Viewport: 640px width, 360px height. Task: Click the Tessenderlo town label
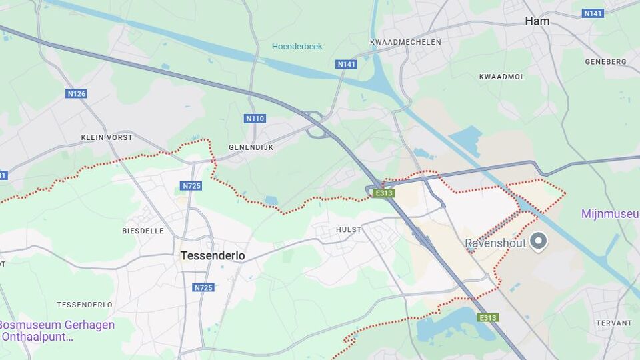coord(213,256)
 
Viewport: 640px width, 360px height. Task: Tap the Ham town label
coord(537,21)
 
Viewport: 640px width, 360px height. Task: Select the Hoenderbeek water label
coord(297,47)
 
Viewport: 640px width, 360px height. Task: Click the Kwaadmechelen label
coord(405,42)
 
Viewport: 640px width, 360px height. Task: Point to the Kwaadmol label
coord(501,77)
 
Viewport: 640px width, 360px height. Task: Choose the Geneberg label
coord(605,61)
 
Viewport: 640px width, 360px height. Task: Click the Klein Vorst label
coord(107,137)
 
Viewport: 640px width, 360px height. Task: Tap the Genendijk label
coord(251,147)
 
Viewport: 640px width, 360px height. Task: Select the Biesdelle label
coord(143,231)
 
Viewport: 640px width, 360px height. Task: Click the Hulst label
coord(349,229)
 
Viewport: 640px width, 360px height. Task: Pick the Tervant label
coord(615,323)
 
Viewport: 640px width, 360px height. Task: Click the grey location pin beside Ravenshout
coord(538,241)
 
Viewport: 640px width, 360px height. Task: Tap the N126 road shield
coord(77,94)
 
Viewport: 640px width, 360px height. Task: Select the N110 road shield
coord(255,119)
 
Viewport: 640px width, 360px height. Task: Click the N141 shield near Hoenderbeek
coord(346,65)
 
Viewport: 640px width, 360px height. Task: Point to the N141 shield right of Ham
coord(593,13)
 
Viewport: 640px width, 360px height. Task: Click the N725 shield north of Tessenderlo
coord(191,186)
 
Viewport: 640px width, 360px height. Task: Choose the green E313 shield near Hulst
coord(384,193)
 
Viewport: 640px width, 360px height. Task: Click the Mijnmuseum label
coord(610,214)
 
